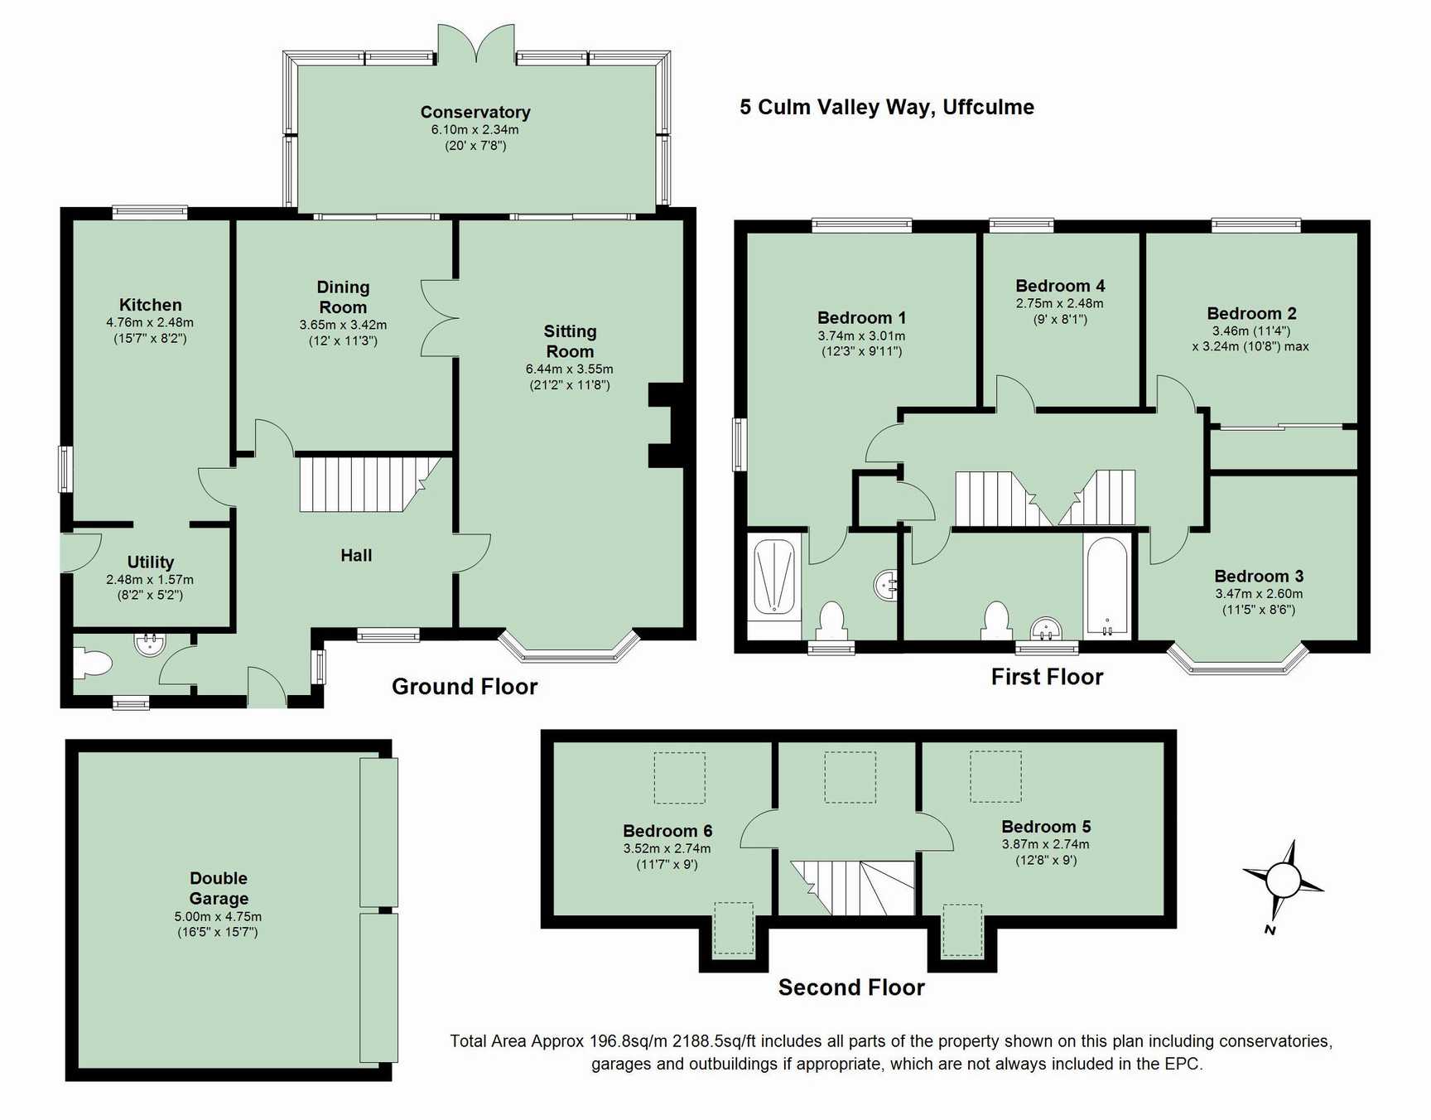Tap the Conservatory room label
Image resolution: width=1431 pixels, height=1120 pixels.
475,112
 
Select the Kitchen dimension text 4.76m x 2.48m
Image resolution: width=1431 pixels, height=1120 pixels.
150,322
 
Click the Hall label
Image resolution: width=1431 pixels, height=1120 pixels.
356,555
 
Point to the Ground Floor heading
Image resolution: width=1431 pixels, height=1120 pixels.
465,686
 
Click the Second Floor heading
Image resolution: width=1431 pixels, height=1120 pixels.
851,987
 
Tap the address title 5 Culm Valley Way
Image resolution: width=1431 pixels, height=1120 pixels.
887,107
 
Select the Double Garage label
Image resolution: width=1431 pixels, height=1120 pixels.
219,888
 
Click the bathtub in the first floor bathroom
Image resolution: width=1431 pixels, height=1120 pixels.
1106,587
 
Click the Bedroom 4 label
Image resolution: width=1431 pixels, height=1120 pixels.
1060,286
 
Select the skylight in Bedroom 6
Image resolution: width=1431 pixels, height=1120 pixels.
680,778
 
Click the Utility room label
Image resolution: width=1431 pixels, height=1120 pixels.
151,562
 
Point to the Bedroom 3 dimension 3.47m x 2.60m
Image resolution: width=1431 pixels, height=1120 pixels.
1259,593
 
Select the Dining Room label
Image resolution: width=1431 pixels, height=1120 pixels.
343,297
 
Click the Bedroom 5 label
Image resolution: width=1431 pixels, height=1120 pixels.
1046,826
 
